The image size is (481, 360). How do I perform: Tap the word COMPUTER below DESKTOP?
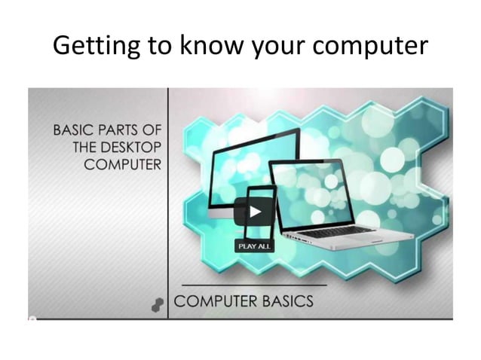coord(123,164)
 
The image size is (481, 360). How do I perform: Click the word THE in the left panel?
coord(85,147)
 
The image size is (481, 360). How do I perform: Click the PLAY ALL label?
coord(255,246)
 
